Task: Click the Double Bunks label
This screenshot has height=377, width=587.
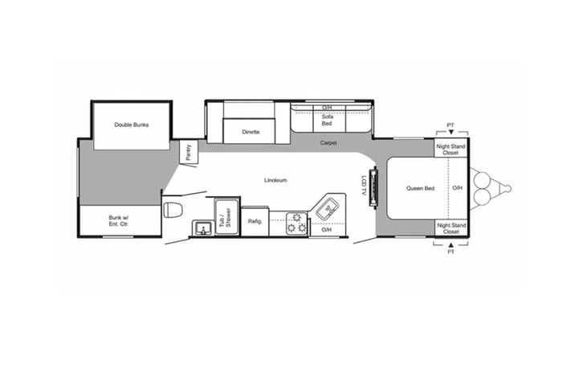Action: (x=132, y=125)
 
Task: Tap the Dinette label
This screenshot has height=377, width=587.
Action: (x=251, y=132)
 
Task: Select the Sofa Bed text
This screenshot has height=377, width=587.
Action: (x=327, y=120)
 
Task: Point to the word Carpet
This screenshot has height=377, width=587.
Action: (x=328, y=143)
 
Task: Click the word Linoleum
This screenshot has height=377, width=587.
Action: (x=275, y=180)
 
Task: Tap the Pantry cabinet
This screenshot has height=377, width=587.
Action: (x=188, y=152)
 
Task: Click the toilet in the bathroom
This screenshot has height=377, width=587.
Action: (x=173, y=209)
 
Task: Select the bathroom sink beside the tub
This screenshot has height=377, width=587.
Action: (x=203, y=228)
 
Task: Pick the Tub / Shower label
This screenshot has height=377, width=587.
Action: (x=225, y=218)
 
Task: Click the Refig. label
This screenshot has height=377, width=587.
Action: (x=255, y=222)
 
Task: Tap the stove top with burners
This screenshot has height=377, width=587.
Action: (x=296, y=223)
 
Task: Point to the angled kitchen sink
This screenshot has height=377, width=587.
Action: (x=328, y=209)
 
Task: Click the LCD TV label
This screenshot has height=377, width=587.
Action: (x=363, y=186)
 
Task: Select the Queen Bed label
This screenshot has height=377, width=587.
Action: (x=421, y=188)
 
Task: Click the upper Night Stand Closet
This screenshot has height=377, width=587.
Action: (x=450, y=149)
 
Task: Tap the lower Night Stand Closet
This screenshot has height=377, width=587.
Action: (x=451, y=227)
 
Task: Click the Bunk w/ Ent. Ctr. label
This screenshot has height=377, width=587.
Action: (x=119, y=221)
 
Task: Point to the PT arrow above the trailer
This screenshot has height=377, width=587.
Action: (x=451, y=132)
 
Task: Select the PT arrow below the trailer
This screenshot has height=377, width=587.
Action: (x=450, y=244)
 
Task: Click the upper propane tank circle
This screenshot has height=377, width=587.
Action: (x=482, y=179)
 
